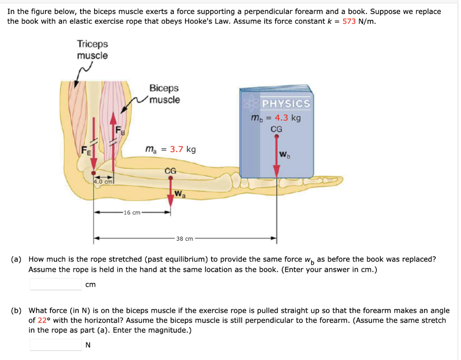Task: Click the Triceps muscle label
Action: pyautogui.click(x=92, y=49)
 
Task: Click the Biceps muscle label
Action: pyautogui.click(x=164, y=94)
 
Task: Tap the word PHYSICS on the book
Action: pyautogui.click(x=286, y=103)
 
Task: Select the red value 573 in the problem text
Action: pyautogui.click(x=349, y=21)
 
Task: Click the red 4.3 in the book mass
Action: pyautogui.click(x=282, y=118)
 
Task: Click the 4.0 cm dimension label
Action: pyautogui.click(x=103, y=182)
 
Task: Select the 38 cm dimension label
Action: pyautogui.click(x=185, y=238)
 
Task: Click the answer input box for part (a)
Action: pyautogui.click(x=55, y=284)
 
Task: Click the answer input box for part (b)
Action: pyautogui.click(x=55, y=345)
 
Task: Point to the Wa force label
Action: pyautogui.click(x=180, y=195)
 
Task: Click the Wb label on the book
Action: pyautogui.click(x=285, y=156)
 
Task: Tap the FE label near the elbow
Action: pyautogui.click(x=86, y=151)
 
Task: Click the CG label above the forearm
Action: pyautogui.click(x=170, y=171)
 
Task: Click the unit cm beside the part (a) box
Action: pyautogui.click(x=90, y=284)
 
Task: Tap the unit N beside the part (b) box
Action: pyautogui.click(x=88, y=345)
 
